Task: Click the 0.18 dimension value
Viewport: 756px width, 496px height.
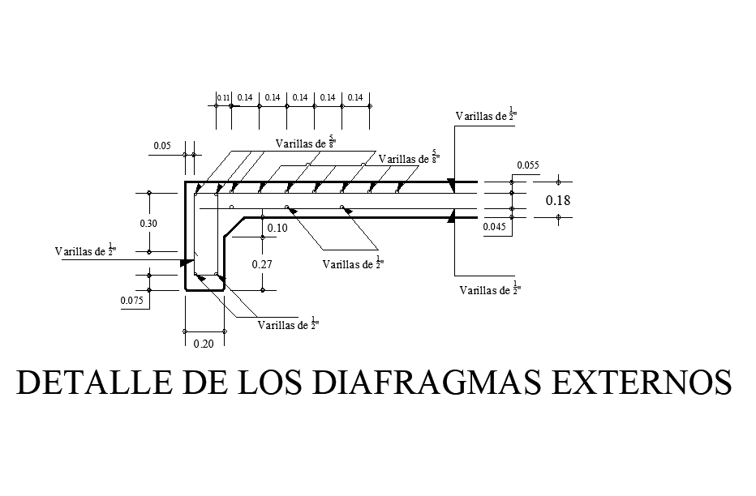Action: point(558,200)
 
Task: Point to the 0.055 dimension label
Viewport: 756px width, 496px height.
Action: point(527,165)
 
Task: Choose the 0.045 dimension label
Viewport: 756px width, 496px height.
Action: point(495,228)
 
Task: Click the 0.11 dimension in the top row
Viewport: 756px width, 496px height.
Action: point(223,98)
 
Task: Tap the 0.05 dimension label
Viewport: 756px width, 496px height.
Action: point(161,147)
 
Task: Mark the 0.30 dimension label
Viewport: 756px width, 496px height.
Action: point(148,224)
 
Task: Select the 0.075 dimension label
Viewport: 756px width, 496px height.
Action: point(132,301)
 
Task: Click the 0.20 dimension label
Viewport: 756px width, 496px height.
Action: point(204,344)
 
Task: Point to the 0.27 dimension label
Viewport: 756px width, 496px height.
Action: point(261,264)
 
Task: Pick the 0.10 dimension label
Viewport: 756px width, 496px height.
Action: point(277,229)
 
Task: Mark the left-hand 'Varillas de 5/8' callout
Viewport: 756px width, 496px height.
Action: point(306,143)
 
